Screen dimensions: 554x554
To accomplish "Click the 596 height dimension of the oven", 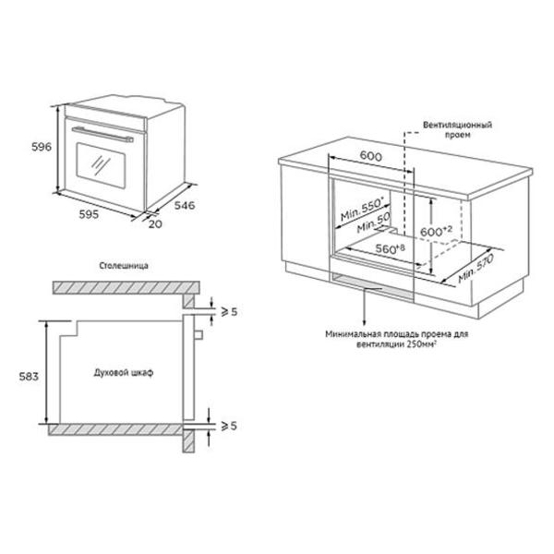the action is pyautogui.click(x=42, y=147).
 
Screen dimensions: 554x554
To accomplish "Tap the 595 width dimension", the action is pyautogui.click(x=89, y=214).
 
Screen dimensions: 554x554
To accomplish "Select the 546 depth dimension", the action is pyautogui.click(x=185, y=205).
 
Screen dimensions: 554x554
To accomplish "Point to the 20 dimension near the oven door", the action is pyautogui.click(x=155, y=224).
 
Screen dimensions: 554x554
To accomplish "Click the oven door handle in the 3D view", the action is pyautogui.click(x=102, y=135).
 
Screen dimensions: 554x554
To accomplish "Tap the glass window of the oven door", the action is pyautogui.click(x=101, y=165).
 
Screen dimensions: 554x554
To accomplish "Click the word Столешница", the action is pyautogui.click(x=124, y=266).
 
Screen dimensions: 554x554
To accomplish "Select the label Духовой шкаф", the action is pyautogui.click(x=124, y=372).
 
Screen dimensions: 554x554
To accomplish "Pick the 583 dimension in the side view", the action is pyautogui.click(x=29, y=377).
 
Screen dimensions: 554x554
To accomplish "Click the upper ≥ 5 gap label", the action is pyautogui.click(x=229, y=312).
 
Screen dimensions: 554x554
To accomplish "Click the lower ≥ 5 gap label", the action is pyautogui.click(x=229, y=426).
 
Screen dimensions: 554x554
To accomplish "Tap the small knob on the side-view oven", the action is pyautogui.click(x=199, y=334).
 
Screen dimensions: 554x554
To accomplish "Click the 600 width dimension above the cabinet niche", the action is pyautogui.click(x=371, y=156).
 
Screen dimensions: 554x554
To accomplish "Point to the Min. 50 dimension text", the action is pyautogui.click(x=374, y=223).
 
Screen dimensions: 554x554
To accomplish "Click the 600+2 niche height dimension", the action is pyautogui.click(x=437, y=231).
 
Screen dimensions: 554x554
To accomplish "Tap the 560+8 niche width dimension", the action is pyautogui.click(x=390, y=248).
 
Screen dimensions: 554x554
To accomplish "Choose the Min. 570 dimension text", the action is pyautogui.click(x=476, y=269).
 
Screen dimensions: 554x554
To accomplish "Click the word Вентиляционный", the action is pyautogui.click(x=458, y=125).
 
